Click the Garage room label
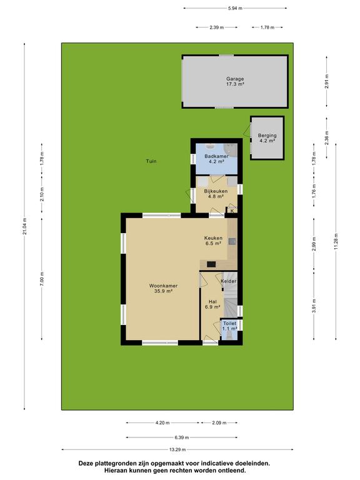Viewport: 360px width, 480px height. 235,79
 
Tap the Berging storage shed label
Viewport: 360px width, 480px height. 267,135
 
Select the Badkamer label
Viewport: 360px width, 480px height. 216,156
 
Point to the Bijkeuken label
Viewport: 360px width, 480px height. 216,191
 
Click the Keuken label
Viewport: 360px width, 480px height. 213,238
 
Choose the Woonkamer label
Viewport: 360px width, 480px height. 164,286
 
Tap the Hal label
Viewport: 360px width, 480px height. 212,301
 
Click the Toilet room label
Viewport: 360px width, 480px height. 229,323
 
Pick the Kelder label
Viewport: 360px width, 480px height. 229,281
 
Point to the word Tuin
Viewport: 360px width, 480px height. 151,161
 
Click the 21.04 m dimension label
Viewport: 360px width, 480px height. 25,226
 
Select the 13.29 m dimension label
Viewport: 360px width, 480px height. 177,450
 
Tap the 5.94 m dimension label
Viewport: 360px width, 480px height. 235,8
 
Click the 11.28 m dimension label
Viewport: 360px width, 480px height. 336,241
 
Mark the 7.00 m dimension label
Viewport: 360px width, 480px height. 42,279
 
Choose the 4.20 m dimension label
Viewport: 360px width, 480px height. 162,422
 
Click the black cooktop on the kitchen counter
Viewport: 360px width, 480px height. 211,264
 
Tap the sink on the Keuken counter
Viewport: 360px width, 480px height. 232,241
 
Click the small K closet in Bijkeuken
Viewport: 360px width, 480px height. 232,211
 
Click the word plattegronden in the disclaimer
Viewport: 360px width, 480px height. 112,464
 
